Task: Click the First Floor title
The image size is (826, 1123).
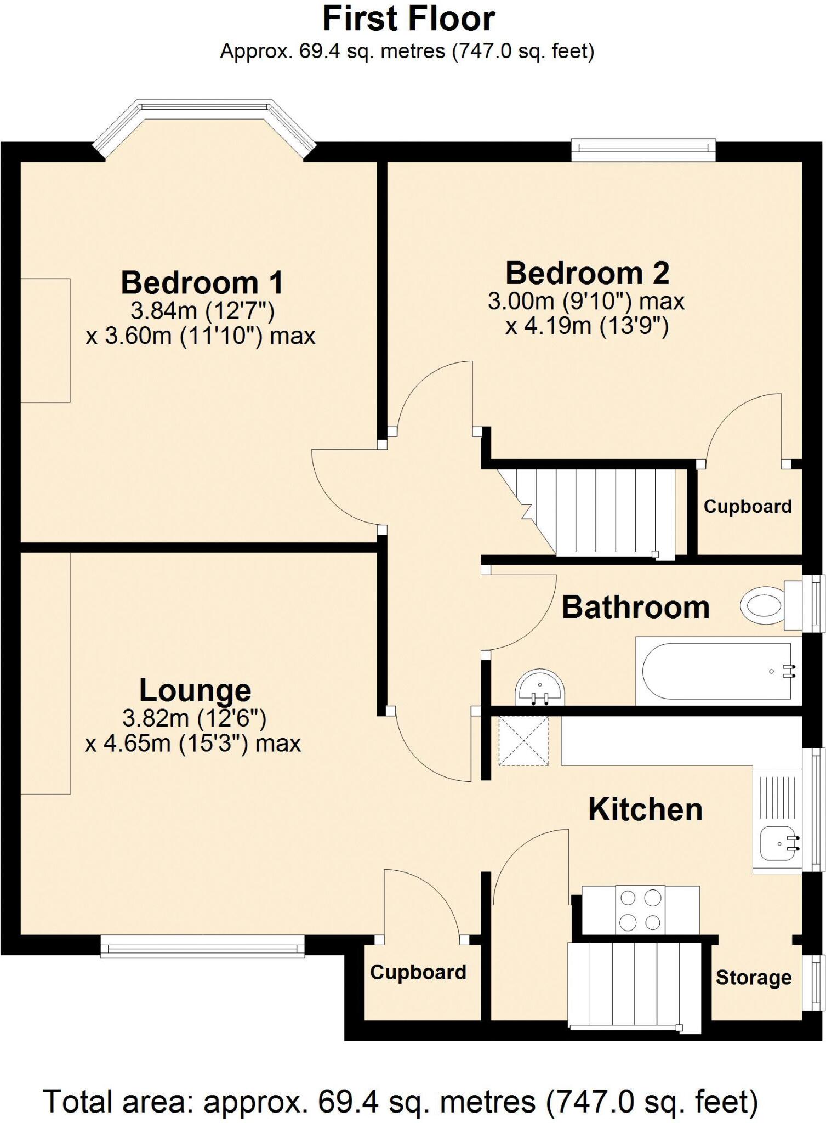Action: click(408, 20)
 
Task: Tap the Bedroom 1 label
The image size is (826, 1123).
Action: click(202, 283)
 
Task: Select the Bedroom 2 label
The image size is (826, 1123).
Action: click(587, 273)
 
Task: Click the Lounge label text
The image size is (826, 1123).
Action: click(195, 690)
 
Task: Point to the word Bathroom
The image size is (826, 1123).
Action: click(635, 608)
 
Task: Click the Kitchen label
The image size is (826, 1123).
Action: click(645, 810)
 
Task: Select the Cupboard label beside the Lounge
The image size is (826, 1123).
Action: click(418, 972)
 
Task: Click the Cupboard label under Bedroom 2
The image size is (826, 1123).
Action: click(747, 506)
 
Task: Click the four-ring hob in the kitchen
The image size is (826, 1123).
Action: click(640, 910)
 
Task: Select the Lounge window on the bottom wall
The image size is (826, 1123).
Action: click(202, 946)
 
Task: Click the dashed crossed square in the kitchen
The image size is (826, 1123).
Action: click(523, 741)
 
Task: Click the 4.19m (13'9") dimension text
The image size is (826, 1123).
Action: click(586, 327)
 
